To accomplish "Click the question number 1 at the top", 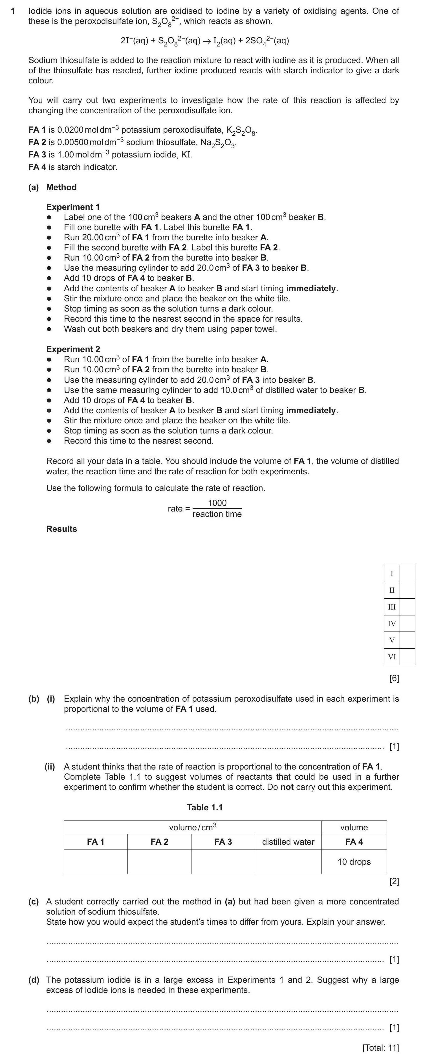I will pyautogui.click(x=13, y=11).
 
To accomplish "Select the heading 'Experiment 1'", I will pyautogui.click(x=73, y=207).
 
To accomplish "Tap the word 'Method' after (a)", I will pyautogui.click(x=61, y=187).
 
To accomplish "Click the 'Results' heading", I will pyautogui.click(x=61, y=529).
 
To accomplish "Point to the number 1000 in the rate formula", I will pyautogui.click(x=217, y=503).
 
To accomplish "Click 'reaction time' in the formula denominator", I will pyautogui.click(x=217, y=514).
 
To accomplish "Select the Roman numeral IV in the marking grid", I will pyautogui.click(x=392, y=624).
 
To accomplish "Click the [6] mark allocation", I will pyautogui.click(x=394, y=678).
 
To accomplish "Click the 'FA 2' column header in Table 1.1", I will pyautogui.click(x=159, y=842).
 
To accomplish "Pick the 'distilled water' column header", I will pyautogui.click(x=288, y=842).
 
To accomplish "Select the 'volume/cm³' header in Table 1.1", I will pyautogui.click(x=192, y=827).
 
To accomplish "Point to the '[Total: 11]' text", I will pyautogui.click(x=380, y=1048).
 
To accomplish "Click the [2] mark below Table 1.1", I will pyautogui.click(x=394, y=881).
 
